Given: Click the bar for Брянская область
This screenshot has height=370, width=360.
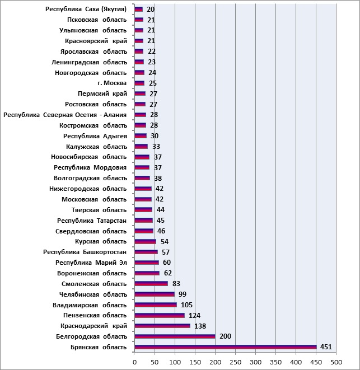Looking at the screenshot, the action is tap(226, 347).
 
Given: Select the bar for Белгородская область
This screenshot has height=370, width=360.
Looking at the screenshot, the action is tap(175, 336).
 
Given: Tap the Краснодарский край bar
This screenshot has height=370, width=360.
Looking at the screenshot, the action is tap(162, 326).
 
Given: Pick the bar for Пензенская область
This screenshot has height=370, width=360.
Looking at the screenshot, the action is tap(160, 316).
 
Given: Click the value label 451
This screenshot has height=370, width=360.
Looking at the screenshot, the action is tap(326, 347).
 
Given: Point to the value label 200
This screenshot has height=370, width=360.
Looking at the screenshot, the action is tap(225, 336).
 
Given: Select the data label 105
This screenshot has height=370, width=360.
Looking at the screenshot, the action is tap(187, 305).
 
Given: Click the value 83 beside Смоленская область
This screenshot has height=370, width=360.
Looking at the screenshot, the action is tap(176, 283).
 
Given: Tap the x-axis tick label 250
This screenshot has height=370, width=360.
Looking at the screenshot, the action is tap(235, 362).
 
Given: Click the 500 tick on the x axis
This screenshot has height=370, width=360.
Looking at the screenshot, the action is tap(336, 362).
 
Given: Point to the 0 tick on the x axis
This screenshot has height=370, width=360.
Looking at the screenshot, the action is tap(134, 362).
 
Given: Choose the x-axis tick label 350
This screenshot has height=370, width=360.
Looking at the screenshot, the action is tap(275, 362).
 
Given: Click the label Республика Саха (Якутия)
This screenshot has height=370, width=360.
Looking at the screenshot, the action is tap(86, 9).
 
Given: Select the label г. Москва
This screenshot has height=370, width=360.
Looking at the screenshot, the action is tap(112, 83).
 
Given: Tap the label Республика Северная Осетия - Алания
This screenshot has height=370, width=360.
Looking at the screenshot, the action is tap(65, 115).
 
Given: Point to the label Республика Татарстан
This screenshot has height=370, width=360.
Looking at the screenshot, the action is tap(92, 221).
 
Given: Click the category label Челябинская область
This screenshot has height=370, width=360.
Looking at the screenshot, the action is tap(93, 294).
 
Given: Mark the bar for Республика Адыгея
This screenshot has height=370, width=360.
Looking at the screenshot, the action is tap(141, 136).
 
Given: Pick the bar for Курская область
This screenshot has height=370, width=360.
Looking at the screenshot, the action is tap(145, 242).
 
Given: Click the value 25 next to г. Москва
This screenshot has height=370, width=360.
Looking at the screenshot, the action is tap(153, 83).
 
